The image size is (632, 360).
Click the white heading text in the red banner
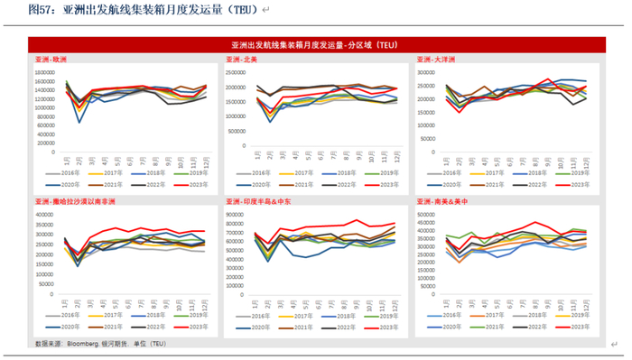tap(314, 44)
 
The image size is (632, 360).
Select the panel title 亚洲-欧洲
tap(51, 60)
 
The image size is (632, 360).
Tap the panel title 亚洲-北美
tap(242, 60)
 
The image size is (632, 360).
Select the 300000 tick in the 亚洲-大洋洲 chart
tap(428, 72)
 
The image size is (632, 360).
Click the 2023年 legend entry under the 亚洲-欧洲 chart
tap(191, 183)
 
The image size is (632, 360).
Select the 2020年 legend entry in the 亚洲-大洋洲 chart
tap(445, 183)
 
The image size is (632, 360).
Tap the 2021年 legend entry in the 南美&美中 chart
tap(492, 327)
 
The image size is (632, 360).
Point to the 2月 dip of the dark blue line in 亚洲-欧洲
tap(79, 122)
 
